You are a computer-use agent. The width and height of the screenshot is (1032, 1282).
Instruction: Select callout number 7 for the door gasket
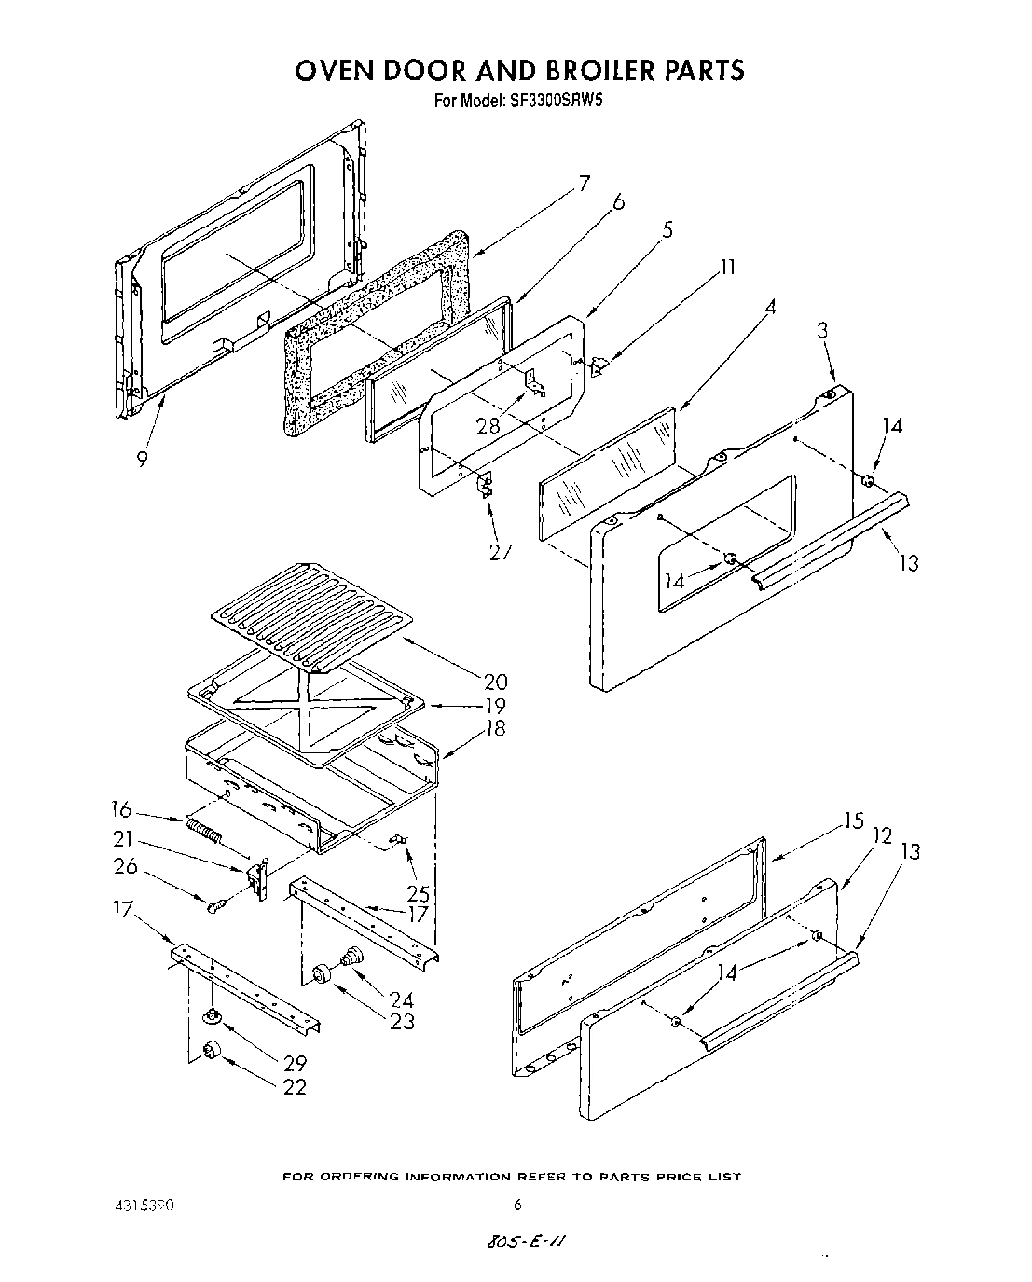pos(583,184)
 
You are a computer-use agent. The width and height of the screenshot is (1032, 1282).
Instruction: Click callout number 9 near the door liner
pos(142,459)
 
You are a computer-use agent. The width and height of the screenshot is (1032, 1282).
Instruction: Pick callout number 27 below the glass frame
pos(500,552)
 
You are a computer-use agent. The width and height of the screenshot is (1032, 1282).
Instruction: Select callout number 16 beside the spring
pos(121,809)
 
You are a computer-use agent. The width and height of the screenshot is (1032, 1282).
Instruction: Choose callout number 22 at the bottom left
pos(294,1086)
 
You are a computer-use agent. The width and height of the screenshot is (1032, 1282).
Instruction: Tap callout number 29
pos(294,1063)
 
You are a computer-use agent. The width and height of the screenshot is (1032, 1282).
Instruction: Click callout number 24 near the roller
pos(402,999)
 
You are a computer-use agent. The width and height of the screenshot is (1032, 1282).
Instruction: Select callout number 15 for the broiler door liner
pos(854,820)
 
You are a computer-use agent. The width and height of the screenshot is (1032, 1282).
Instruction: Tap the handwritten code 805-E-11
pos(527,1243)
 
